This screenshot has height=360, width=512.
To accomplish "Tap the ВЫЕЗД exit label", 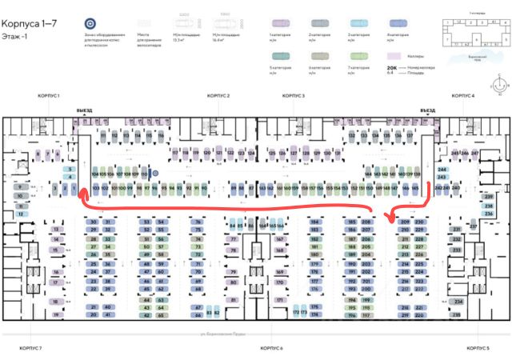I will click(85, 110).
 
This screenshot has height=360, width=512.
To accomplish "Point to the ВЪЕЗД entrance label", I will click(428, 110).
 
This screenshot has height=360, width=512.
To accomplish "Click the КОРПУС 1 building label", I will click(49, 96).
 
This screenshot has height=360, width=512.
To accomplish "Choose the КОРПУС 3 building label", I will click(294, 96).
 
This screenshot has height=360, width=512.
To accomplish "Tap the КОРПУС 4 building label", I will click(462, 96).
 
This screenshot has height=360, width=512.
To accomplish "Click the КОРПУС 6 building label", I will click(272, 349).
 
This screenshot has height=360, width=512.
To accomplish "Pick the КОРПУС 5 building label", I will click(478, 349).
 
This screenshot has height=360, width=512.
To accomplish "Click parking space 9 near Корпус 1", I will click(18, 186).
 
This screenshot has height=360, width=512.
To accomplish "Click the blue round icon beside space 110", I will click(156, 172).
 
